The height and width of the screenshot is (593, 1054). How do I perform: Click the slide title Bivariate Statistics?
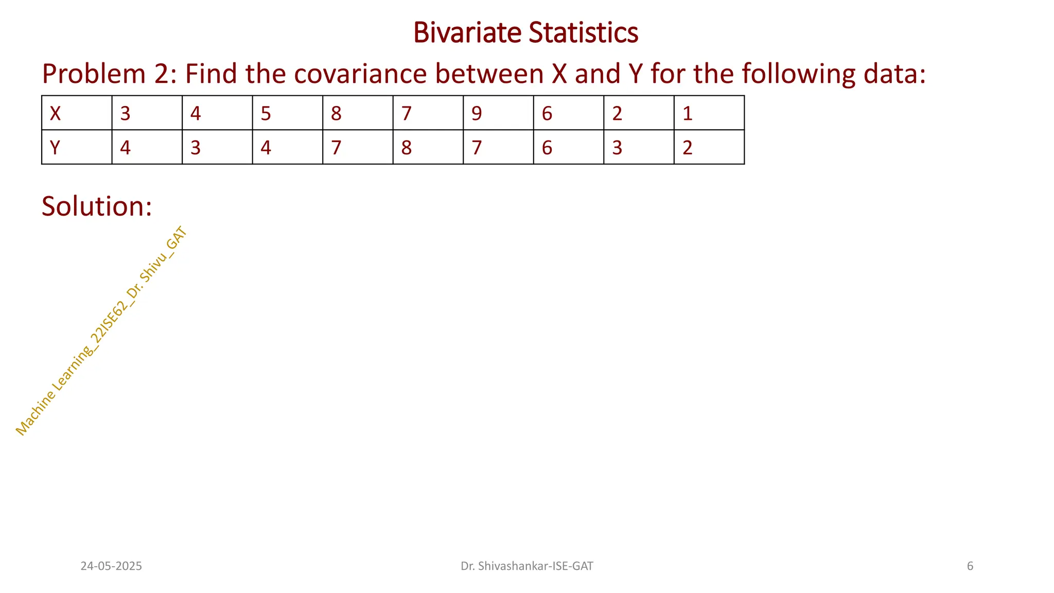click(525, 32)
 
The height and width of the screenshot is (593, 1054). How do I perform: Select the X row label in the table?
click(55, 113)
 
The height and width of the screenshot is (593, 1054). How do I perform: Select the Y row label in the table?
click(55, 148)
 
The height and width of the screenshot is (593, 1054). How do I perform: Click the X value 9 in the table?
click(477, 113)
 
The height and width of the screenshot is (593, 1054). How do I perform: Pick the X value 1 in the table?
click(688, 113)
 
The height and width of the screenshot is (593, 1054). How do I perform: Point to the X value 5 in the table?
click(266, 113)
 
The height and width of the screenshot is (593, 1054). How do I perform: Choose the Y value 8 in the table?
click(407, 148)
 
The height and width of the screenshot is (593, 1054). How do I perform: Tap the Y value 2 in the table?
click(688, 148)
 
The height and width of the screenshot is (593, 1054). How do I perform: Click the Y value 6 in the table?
click(547, 148)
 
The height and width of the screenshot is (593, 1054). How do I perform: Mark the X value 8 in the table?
click(336, 113)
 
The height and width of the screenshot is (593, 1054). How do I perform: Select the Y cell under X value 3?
click(125, 148)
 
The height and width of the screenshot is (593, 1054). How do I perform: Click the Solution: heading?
click(97, 206)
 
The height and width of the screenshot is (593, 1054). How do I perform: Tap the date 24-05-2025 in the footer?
click(111, 566)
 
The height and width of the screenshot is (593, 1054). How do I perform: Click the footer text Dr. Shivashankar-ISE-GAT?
click(526, 566)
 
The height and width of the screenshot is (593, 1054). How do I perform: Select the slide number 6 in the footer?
click(970, 566)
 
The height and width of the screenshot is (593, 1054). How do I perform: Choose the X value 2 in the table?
click(617, 113)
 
